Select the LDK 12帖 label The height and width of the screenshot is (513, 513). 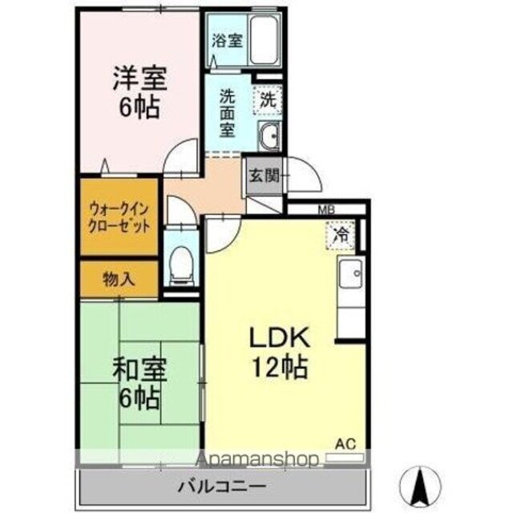click(277, 353)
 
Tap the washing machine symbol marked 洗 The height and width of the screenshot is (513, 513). click(269, 101)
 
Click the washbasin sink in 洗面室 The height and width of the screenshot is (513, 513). click(270, 138)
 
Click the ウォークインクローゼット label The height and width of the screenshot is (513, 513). click(119, 218)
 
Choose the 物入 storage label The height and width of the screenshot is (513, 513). click(118, 279)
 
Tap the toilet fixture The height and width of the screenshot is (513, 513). click(182, 265)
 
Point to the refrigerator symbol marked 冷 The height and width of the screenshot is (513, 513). click(341, 236)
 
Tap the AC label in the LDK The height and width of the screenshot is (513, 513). click(344, 443)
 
